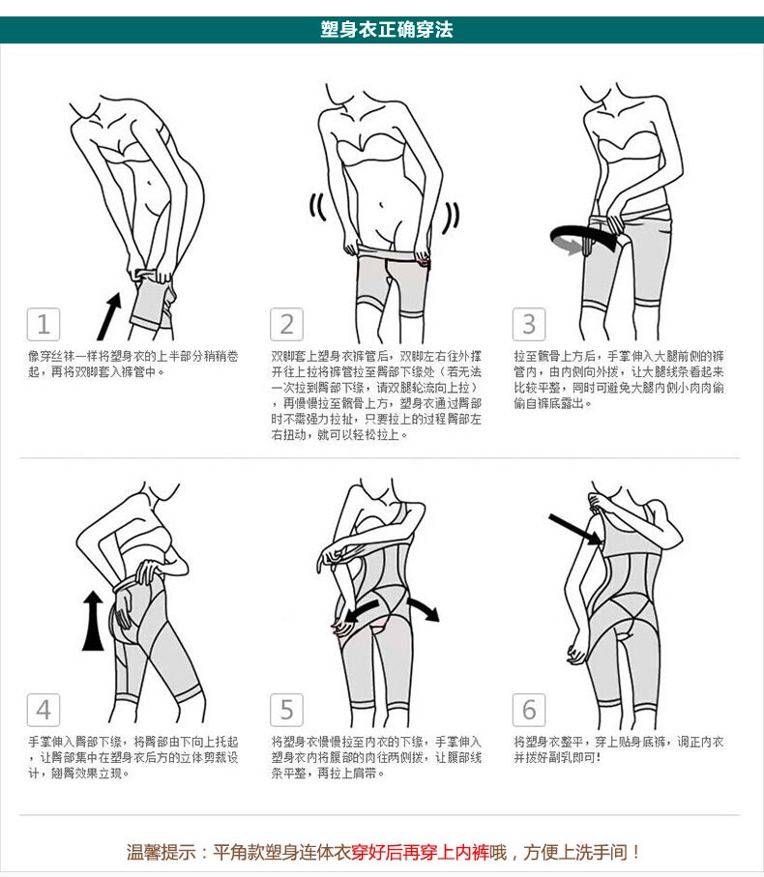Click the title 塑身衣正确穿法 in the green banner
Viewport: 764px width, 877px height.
(386, 29)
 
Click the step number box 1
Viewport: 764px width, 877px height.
(43, 324)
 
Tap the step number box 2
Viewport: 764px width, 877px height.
(286, 324)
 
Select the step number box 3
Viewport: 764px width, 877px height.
(529, 324)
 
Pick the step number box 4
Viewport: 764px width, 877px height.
(43, 710)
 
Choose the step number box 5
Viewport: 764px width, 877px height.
(286, 710)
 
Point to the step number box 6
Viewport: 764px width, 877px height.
(529, 710)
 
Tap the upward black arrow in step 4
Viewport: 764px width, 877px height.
(93, 622)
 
